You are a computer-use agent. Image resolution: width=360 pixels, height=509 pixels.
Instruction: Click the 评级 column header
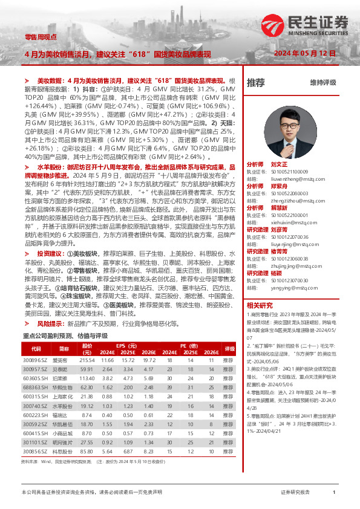228,349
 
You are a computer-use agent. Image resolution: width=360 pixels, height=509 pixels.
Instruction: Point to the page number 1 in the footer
334,493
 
